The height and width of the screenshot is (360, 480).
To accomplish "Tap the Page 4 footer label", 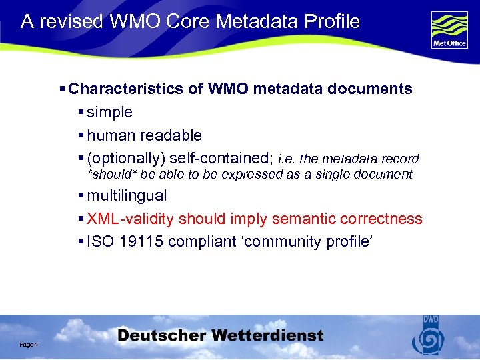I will [x=29, y=344].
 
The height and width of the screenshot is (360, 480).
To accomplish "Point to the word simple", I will [x=110, y=112].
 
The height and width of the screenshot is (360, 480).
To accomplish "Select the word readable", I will [x=171, y=135].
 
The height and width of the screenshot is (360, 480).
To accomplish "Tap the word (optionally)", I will [x=127, y=159].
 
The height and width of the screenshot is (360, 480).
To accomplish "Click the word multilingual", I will [x=127, y=196].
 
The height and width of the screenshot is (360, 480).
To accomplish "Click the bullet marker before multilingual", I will [x=81, y=196].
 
